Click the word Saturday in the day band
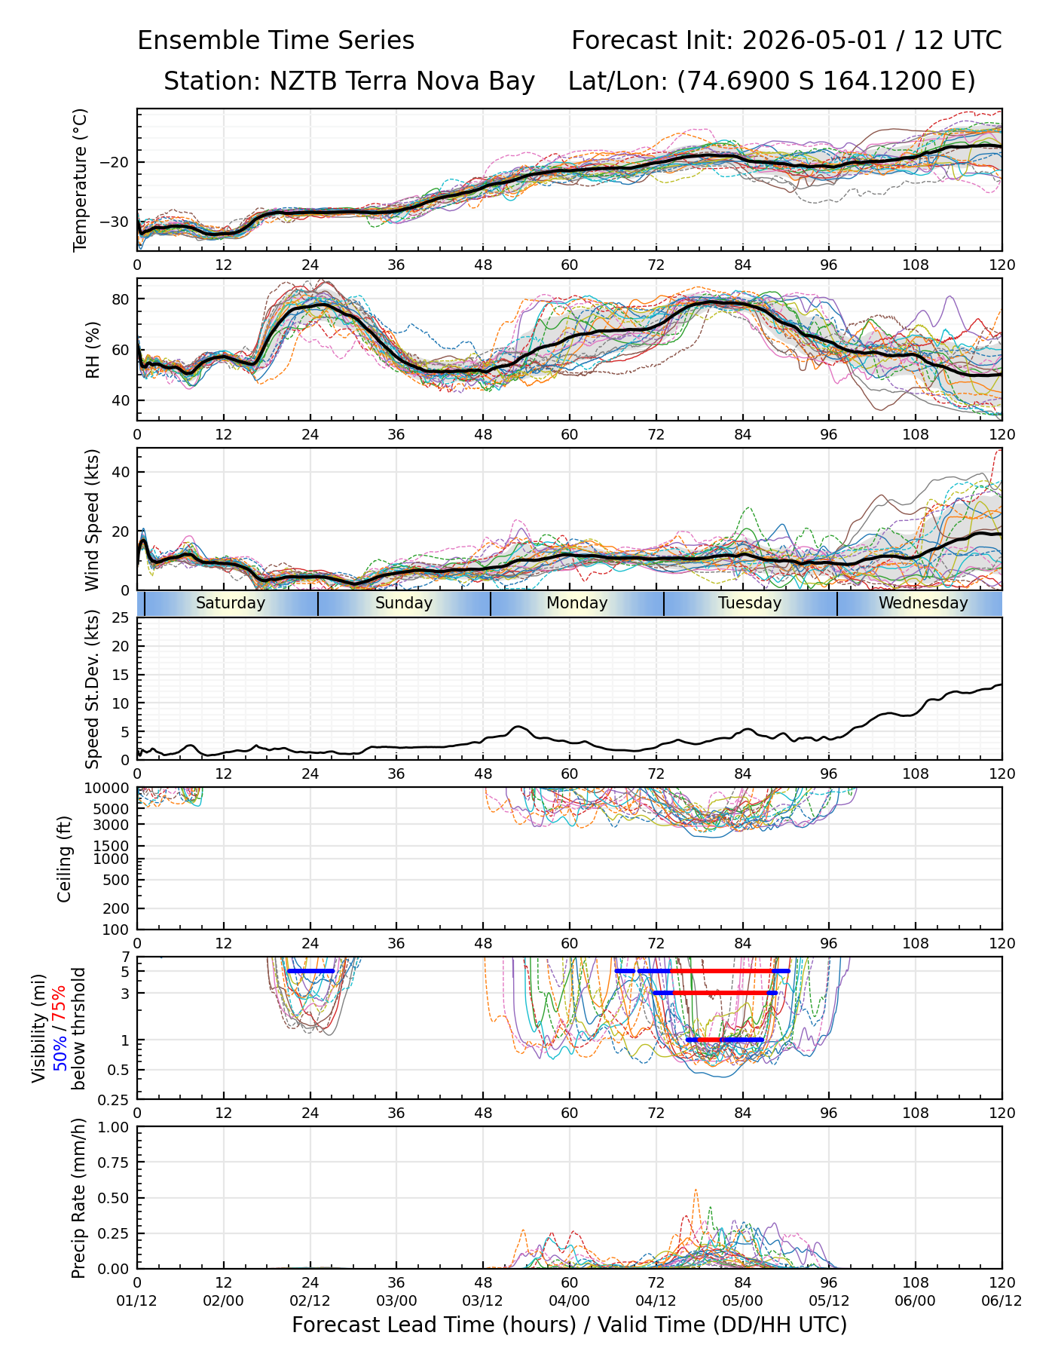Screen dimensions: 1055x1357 [231, 603]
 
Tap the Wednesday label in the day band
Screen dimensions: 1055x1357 [923, 603]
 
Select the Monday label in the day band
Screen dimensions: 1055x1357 [577, 603]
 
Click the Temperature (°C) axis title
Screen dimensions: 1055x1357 [81, 179]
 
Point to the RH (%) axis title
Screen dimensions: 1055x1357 [93, 350]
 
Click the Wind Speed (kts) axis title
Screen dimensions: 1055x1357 [92, 520]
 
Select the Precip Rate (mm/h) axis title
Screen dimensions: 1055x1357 [78, 1198]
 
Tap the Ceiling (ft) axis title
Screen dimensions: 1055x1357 [65, 859]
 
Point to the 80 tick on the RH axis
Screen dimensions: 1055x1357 [121, 299]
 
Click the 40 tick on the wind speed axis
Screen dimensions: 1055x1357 [121, 472]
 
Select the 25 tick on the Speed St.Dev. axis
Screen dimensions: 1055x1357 [121, 617]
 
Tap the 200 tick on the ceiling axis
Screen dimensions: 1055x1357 [118, 908]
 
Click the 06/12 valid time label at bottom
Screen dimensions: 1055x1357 [1001, 1302]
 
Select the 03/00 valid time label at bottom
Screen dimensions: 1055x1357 [396, 1302]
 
